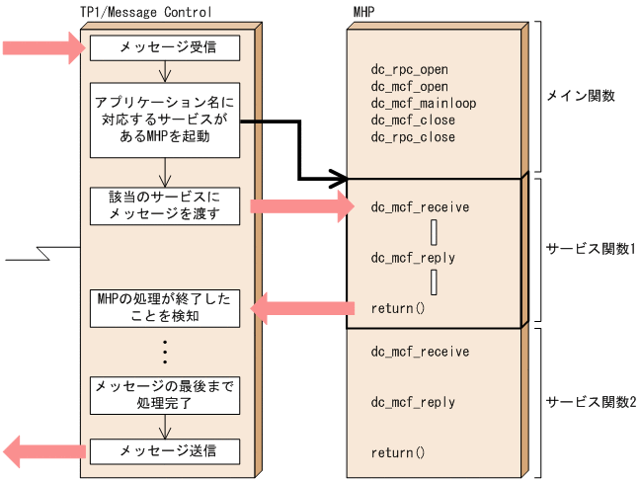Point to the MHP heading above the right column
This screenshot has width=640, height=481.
coord(362,11)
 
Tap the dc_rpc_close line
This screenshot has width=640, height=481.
coord(412,137)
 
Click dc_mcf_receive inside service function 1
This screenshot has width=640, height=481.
coord(420,207)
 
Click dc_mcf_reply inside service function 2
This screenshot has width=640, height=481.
coord(413,402)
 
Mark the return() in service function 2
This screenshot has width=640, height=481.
coord(397,452)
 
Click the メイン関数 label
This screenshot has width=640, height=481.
coord(581,96)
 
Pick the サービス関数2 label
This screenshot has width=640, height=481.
coord(590,402)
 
